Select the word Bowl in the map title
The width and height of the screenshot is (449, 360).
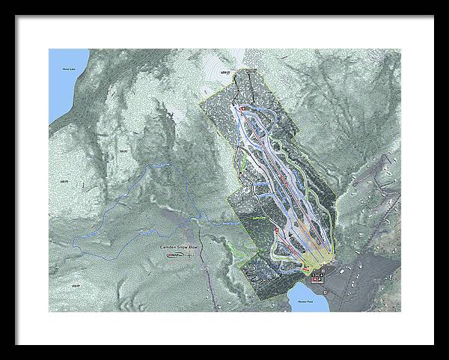point(196,246)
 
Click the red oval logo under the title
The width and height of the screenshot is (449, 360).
point(173,255)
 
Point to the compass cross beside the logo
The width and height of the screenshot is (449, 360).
point(190,255)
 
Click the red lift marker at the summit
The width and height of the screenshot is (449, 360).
point(242,109)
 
